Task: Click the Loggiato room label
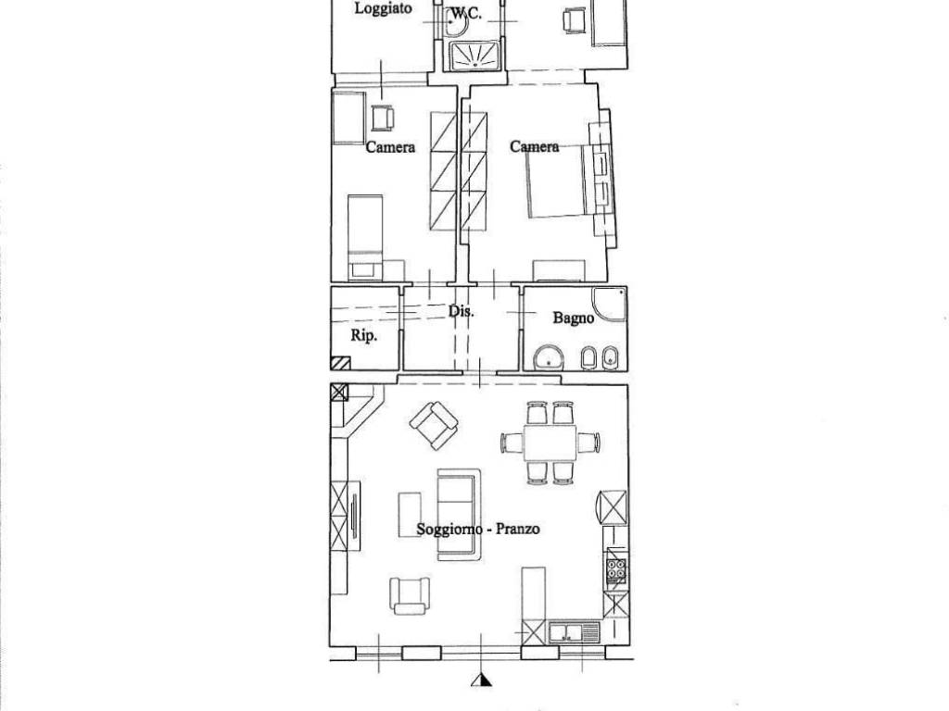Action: click(x=383, y=8)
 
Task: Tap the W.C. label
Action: click(x=466, y=13)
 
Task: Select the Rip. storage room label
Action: click(x=363, y=335)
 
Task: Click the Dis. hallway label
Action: click(x=461, y=312)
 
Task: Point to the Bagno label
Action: click(x=573, y=318)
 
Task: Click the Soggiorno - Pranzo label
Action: click(x=478, y=529)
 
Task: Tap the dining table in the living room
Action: click(x=550, y=443)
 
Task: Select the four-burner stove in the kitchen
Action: click(x=616, y=569)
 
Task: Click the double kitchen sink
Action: click(x=573, y=633)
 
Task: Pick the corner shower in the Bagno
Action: click(x=609, y=304)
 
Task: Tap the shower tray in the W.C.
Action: click(x=475, y=55)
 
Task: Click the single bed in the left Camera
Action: click(x=365, y=237)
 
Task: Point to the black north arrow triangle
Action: click(x=481, y=680)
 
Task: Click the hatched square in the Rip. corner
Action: click(x=341, y=363)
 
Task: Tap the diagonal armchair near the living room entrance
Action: click(x=434, y=426)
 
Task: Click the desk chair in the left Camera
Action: click(x=383, y=118)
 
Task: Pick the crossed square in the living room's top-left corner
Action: click(x=339, y=393)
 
